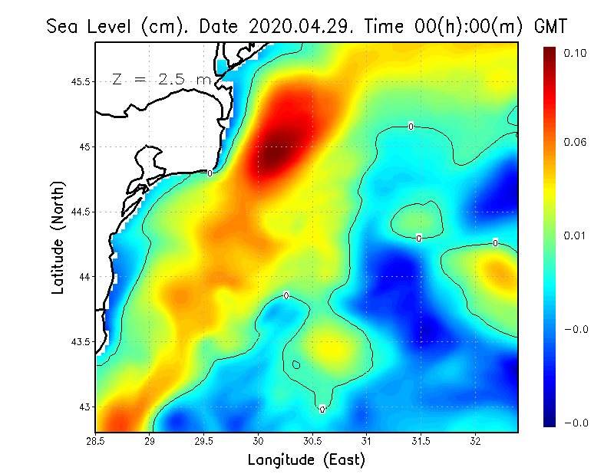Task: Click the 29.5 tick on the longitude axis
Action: point(205,442)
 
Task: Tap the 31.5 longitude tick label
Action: point(421,442)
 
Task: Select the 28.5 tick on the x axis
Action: point(97,442)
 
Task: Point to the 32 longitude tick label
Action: point(476,442)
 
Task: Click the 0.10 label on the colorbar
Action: point(575,53)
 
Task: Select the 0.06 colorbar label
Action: point(575,143)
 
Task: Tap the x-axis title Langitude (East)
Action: point(306,460)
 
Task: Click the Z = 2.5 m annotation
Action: point(161,80)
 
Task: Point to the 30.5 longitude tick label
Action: point(312,442)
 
